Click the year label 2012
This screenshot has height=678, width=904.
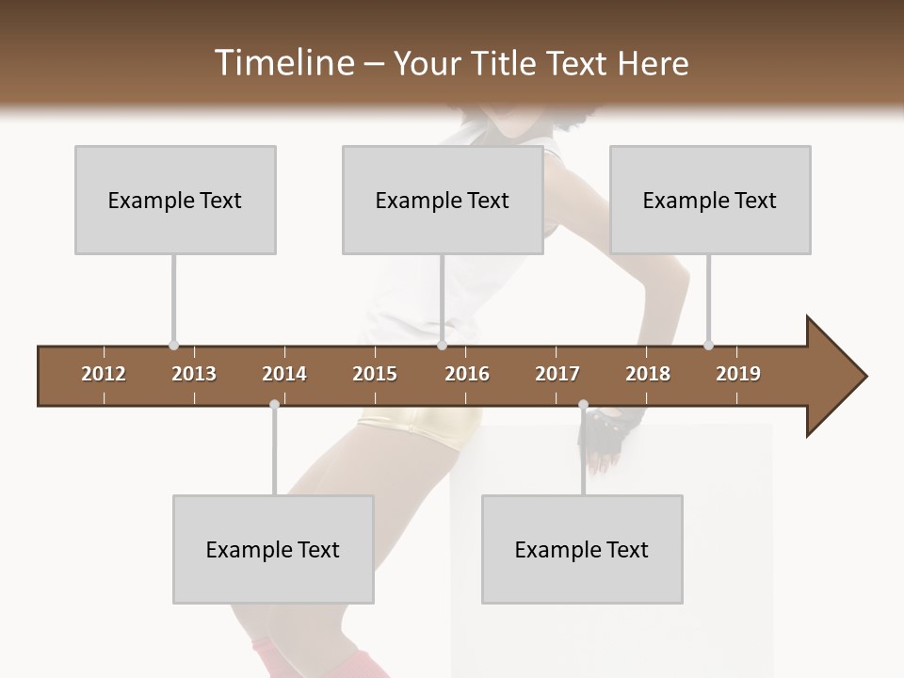click(x=104, y=374)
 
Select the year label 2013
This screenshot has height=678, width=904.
click(x=194, y=374)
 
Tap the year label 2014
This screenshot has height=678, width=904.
click(x=284, y=374)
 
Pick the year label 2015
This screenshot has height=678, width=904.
click(x=375, y=374)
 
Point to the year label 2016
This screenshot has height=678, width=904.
click(x=467, y=374)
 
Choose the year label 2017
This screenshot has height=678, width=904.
click(x=557, y=374)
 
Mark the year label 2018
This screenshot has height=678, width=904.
click(x=648, y=374)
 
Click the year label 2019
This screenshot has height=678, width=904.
click(x=738, y=374)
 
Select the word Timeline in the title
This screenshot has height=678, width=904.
click(x=282, y=63)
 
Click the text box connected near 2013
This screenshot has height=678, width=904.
click(x=175, y=200)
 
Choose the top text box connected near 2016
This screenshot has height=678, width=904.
click(x=443, y=200)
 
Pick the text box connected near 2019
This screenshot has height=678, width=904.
click(x=710, y=200)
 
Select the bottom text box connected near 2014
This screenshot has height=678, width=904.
click(x=273, y=549)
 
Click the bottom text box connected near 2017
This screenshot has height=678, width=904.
click(x=582, y=549)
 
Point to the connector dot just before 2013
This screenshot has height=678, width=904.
click(x=173, y=345)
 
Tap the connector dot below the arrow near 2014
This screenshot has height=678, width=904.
click(x=274, y=405)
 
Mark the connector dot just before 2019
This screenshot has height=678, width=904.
click(x=708, y=345)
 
